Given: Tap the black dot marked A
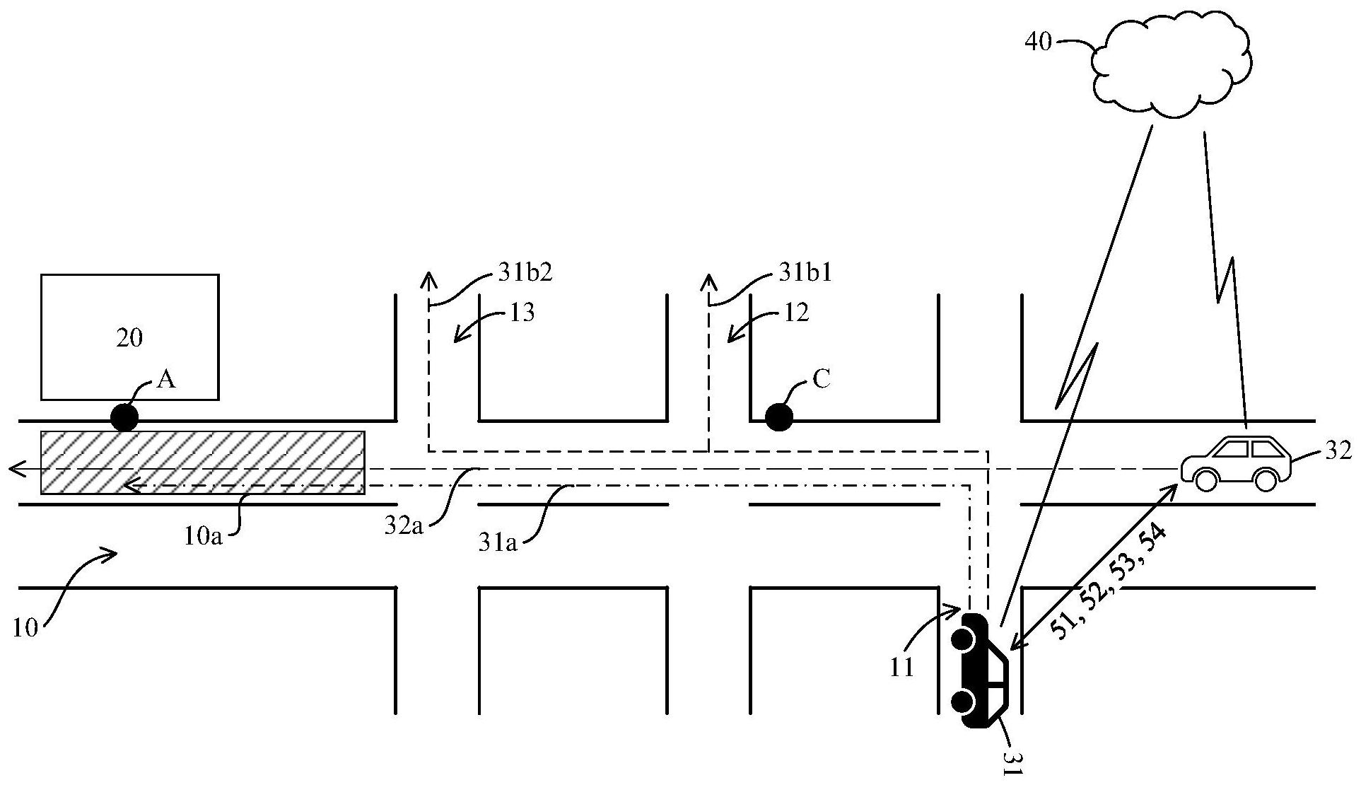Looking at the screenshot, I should point(125,417).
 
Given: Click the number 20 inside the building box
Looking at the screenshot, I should point(129,338).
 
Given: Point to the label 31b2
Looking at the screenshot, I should point(525,274).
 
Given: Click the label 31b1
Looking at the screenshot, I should point(805,274).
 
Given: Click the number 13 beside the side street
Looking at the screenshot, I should point(522,313).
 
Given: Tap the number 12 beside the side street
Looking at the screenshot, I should point(796,313).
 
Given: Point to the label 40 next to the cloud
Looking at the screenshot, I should point(1039,43).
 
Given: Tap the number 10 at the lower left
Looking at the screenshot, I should point(25,628).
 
